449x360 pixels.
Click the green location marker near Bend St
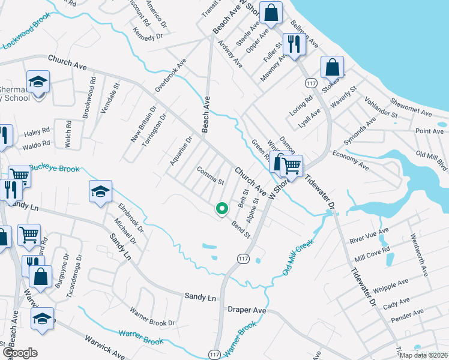(x=221, y=208)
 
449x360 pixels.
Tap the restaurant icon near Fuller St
(x=294, y=44)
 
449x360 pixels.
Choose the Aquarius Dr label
(x=180, y=151)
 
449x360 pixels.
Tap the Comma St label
(x=210, y=175)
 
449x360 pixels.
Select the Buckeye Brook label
(x=54, y=169)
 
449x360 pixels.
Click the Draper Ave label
(x=247, y=310)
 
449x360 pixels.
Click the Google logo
(x=20, y=353)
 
